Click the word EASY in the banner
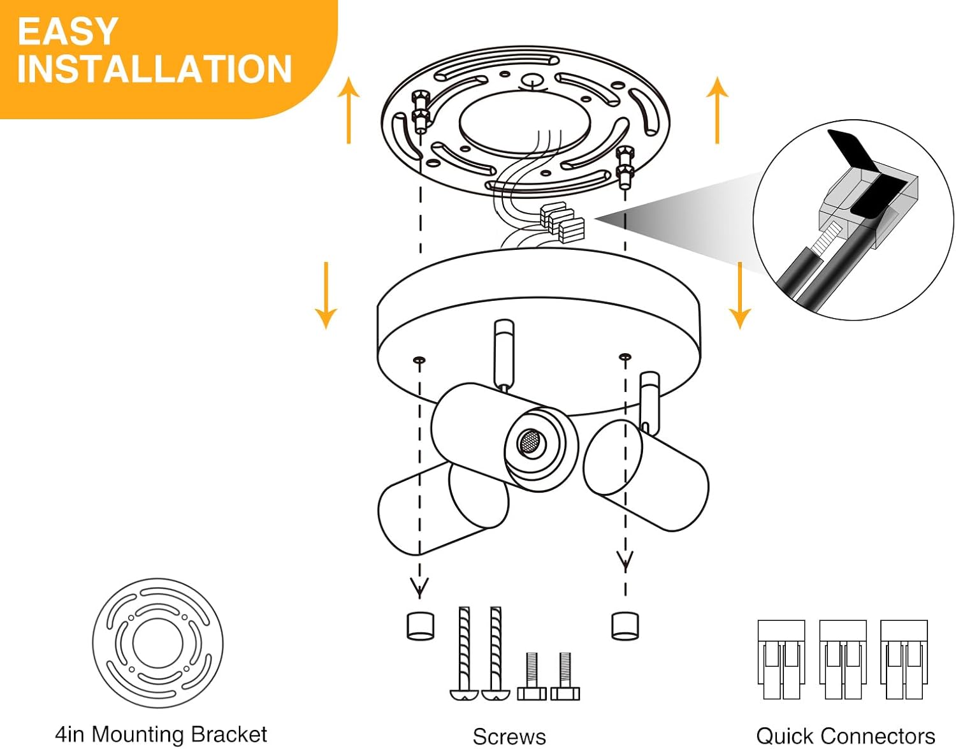pos(68,31)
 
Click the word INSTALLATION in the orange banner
pos(154,69)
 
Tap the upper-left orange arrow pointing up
pos(349,110)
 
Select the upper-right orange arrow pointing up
pos(718,110)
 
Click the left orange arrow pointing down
pos(326,295)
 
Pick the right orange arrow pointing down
pos(739,295)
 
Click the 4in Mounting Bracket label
pos(161,734)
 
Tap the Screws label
pos(509,736)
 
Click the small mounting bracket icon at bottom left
pos(157,643)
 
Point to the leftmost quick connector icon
pos(781,660)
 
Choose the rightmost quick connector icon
pos(904,660)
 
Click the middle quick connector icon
pos(843,660)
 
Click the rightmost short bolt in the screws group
pos(565,676)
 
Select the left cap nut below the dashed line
pos(420,625)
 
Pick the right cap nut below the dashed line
pos(625,625)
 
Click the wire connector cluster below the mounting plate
pos(561,223)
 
